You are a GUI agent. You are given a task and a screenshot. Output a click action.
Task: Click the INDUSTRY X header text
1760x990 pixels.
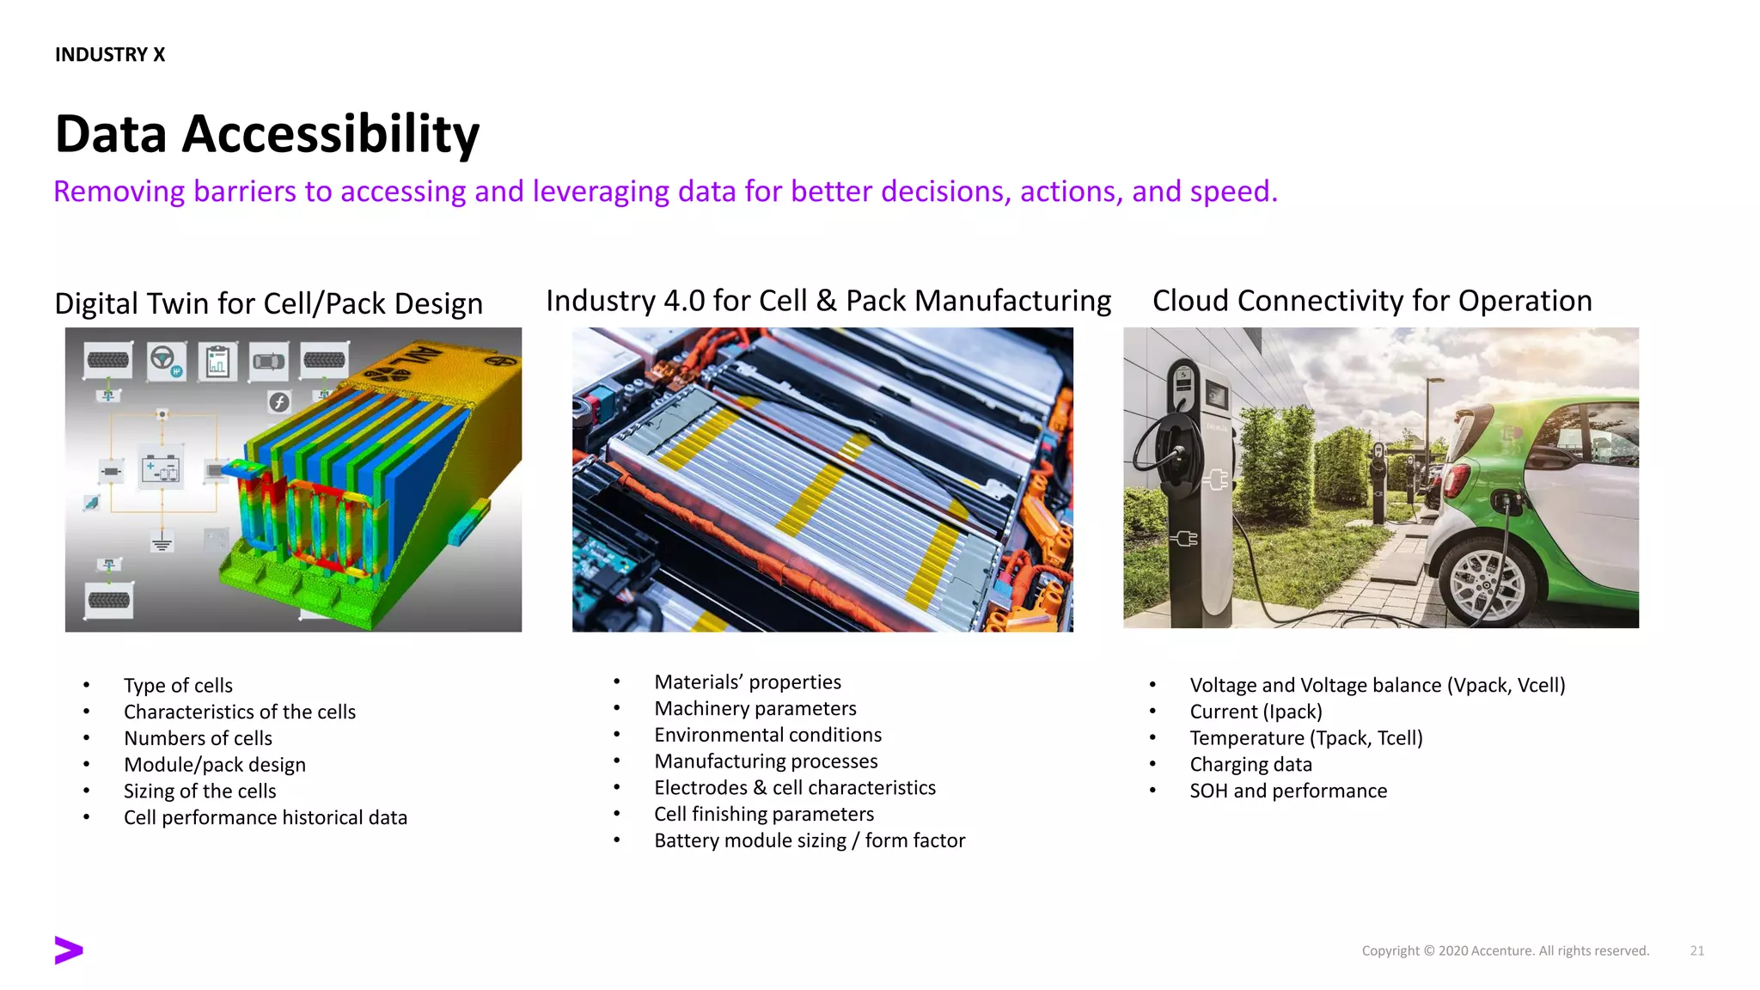click(109, 54)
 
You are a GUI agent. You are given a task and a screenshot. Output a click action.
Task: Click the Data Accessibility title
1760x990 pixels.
click(266, 134)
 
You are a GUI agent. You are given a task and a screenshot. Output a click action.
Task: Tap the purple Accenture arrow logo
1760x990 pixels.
click(68, 950)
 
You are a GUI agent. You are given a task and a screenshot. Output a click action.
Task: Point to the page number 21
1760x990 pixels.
click(1696, 950)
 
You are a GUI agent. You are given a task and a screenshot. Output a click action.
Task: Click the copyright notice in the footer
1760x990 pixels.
click(1505, 950)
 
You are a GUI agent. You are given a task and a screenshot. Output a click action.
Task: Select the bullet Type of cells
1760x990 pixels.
click(178, 685)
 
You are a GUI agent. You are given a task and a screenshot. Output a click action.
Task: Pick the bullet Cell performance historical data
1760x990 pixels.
click(265, 817)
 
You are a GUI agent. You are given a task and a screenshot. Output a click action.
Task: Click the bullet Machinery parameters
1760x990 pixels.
click(755, 708)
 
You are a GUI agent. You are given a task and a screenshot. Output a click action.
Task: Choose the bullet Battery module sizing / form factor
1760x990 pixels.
click(809, 840)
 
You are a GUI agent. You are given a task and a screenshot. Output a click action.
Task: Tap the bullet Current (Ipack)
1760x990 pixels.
click(1256, 712)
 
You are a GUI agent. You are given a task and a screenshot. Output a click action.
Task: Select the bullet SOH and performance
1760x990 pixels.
click(1287, 791)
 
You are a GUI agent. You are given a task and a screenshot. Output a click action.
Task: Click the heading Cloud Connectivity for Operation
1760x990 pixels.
click(1372, 301)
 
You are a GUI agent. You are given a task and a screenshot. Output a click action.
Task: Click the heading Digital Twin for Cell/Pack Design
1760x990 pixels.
click(268, 303)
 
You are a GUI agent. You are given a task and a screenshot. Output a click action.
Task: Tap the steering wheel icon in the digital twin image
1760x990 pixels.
click(163, 359)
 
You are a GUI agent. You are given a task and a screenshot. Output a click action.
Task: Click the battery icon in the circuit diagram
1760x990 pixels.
click(162, 471)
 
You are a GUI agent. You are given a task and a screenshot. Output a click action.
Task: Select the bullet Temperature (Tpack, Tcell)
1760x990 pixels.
click(1305, 738)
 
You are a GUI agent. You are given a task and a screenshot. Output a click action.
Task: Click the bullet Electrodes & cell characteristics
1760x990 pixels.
click(794, 787)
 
